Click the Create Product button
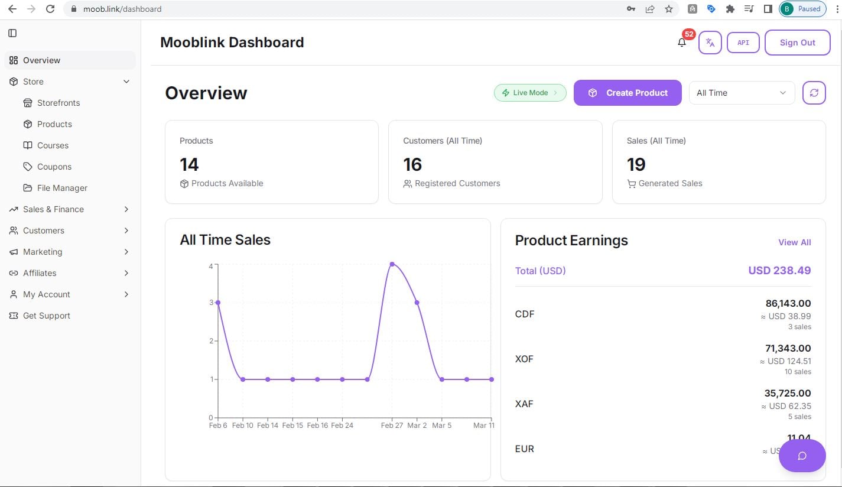pyautogui.click(x=628, y=93)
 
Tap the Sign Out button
pyautogui.click(x=797, y=43)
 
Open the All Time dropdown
pyautogui.click(x=740, y=93)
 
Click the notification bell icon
pyautogui.click(x=682, y=43)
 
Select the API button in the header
pyautogui.click(x=743, y=43)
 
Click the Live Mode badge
pyautogui.click(x=530, y=93)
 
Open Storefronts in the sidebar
pyautogui.click(x=58, y=103)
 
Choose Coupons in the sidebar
pyautogui.click(x=54, y=167)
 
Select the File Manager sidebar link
pyautogui.click(x=62, y=188)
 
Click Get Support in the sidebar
pyautogui.click(x=46, y=316)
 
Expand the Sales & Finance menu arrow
pyautogui.click(x=126, y=209)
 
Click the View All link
pyautogui.click(x=794, y=242)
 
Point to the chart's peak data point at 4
pyautogui.click(x=392, y=264)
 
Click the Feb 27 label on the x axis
pyautogui.click(x=392, y=426)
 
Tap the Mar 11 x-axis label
pyautogui.click(x=483, y=426)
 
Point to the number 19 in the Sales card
pyautogui.click(x=636, y=164)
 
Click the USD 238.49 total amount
pyautogui.click(x=779, y=271)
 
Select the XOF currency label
pyautogui.click(x=524, y=359)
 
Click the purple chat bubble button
pyautogui.click(x=802, y=456)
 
